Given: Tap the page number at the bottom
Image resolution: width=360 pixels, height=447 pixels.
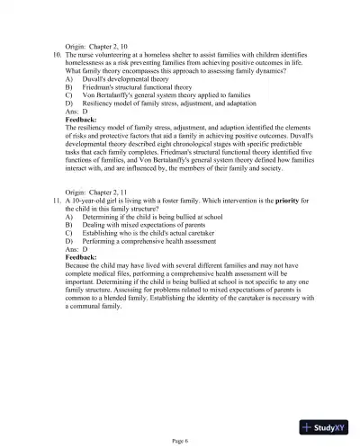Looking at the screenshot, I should (180, 440).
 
